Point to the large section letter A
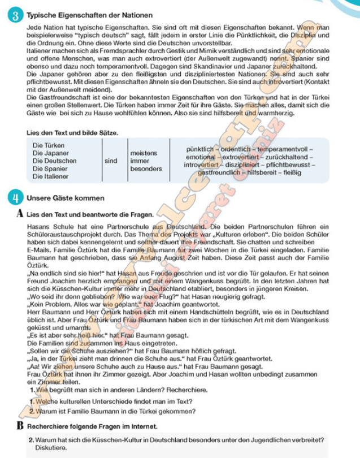[20, 214]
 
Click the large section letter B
[20, 425]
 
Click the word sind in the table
[111, 161]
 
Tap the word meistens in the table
[144, 153]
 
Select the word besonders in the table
[146, 168]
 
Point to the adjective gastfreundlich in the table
[220, 172]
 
